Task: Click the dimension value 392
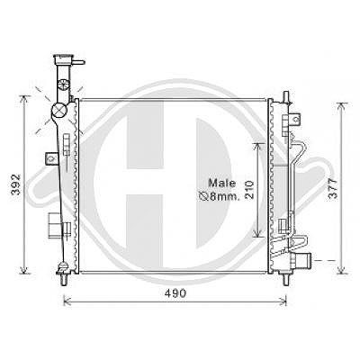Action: pyautogui.click(x=15, y=184)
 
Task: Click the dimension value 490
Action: pyautogui.click(x=175, y=293)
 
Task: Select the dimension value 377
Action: pyautogui.click(x=333, y=188)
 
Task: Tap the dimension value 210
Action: pyautogui.click(x=249, y=190)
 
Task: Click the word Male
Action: pyautogui.click(x=222, y=183)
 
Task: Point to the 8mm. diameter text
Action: pyautogui.click(x=219, y=196)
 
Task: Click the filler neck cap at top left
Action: pyautogui.click(x=63, y=59)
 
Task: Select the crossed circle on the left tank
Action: pyautogui.click(x=58, y=110)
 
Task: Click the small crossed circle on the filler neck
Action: pyautogui.click(x=64, y=85)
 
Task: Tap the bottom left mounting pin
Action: pyautogui.click(x=64, y=280)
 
